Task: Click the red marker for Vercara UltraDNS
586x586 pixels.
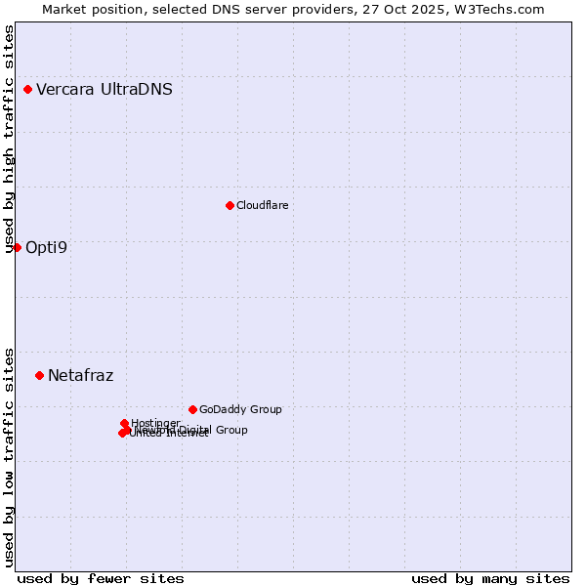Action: pyautogui.click(x=27, y=90)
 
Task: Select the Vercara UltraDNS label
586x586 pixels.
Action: pyautogui.click(x=105, y=90)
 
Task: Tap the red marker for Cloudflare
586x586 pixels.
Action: pyautogui.click(x=230, y=205)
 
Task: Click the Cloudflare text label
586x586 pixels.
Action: pyautogui.click(x=262, y=205)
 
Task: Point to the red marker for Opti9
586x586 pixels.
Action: pyautogui.click(x=17, y=247)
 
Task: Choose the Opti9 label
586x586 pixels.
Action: pyautogui.click(x=46, y=247)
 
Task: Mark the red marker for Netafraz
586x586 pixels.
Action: pyautogui.click(x=39, y=375)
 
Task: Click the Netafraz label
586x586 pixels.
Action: pyautogui.click(x=80, y=375)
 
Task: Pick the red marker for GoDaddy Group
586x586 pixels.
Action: pyautogui.click(x=192, y=409)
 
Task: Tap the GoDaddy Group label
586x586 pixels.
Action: pyautogui.click(x=240, y=409)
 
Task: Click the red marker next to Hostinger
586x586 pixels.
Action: pyautogui.click(x=124, y=423)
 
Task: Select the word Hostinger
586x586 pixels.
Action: pyautogui.click(x=155, y=423)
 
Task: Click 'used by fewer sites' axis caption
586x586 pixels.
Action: pyautogui.click(x=101, y=578)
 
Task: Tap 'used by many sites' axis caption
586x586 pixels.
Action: pyautogui.click(x=490, y=578)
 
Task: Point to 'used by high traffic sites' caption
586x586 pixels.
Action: pyautogui.click(x=10, y=139)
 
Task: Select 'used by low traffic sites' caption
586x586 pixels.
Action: pyautogui.click(x=10, y=457)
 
